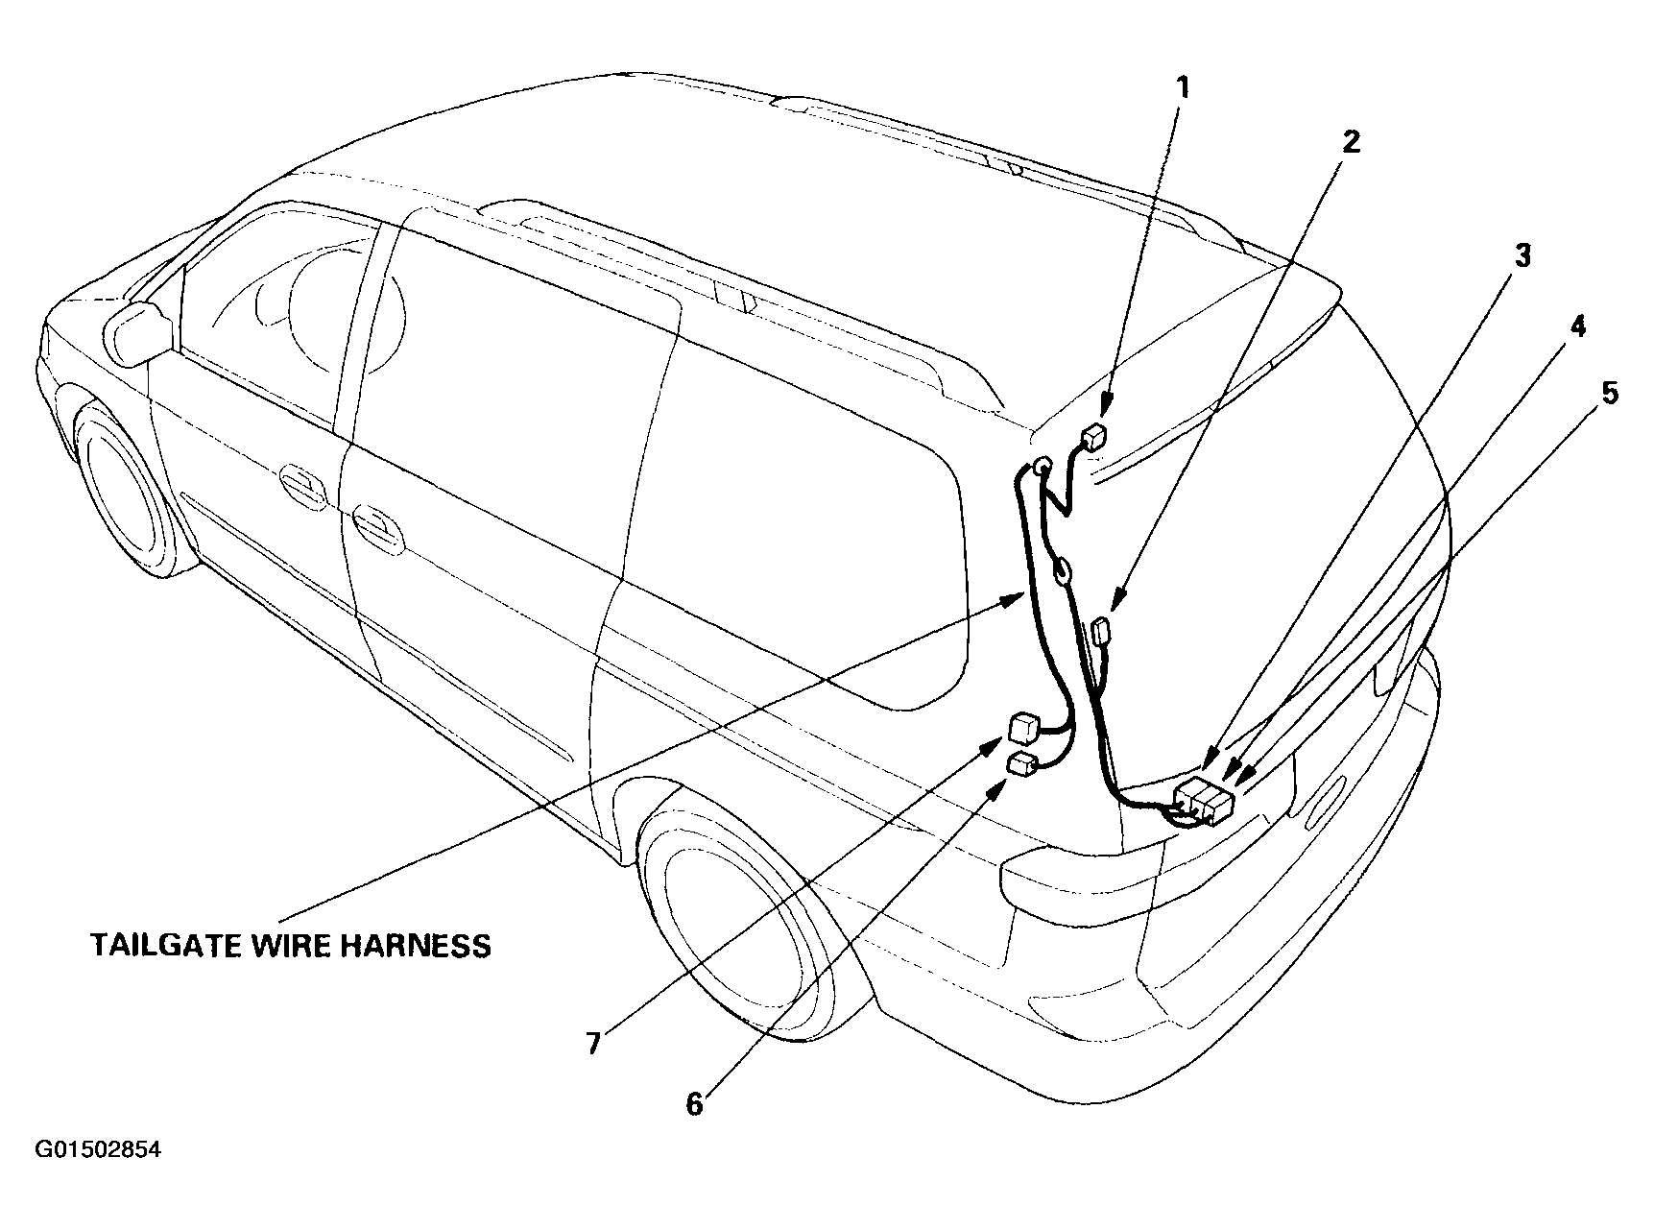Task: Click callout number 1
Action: click(x=1183, y=89)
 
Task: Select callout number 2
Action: click(x=1351, y=142)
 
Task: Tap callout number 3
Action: click(x=1522, y=255)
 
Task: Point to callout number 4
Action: click(x=1578, y=326)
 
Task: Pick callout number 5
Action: click(x=1608, y=393)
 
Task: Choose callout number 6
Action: click(x=694, y=1104)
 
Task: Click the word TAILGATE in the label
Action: click(x=165, y=946)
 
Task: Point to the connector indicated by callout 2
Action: click(x=1101, y=634)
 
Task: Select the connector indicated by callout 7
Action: click(x=1024, y=727)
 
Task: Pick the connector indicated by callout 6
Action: click(x=1023, y=763)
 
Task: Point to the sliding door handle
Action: click(x=377, y=524)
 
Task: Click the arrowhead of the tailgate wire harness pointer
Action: click(x=1015, y=600)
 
